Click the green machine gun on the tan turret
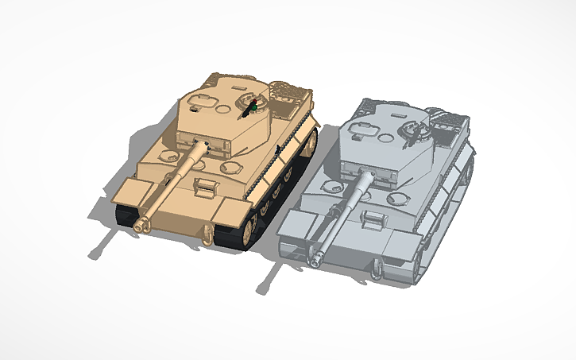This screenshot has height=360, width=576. click(x=249, y=106)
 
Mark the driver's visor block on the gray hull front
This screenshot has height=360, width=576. click(x=374, y=215)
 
